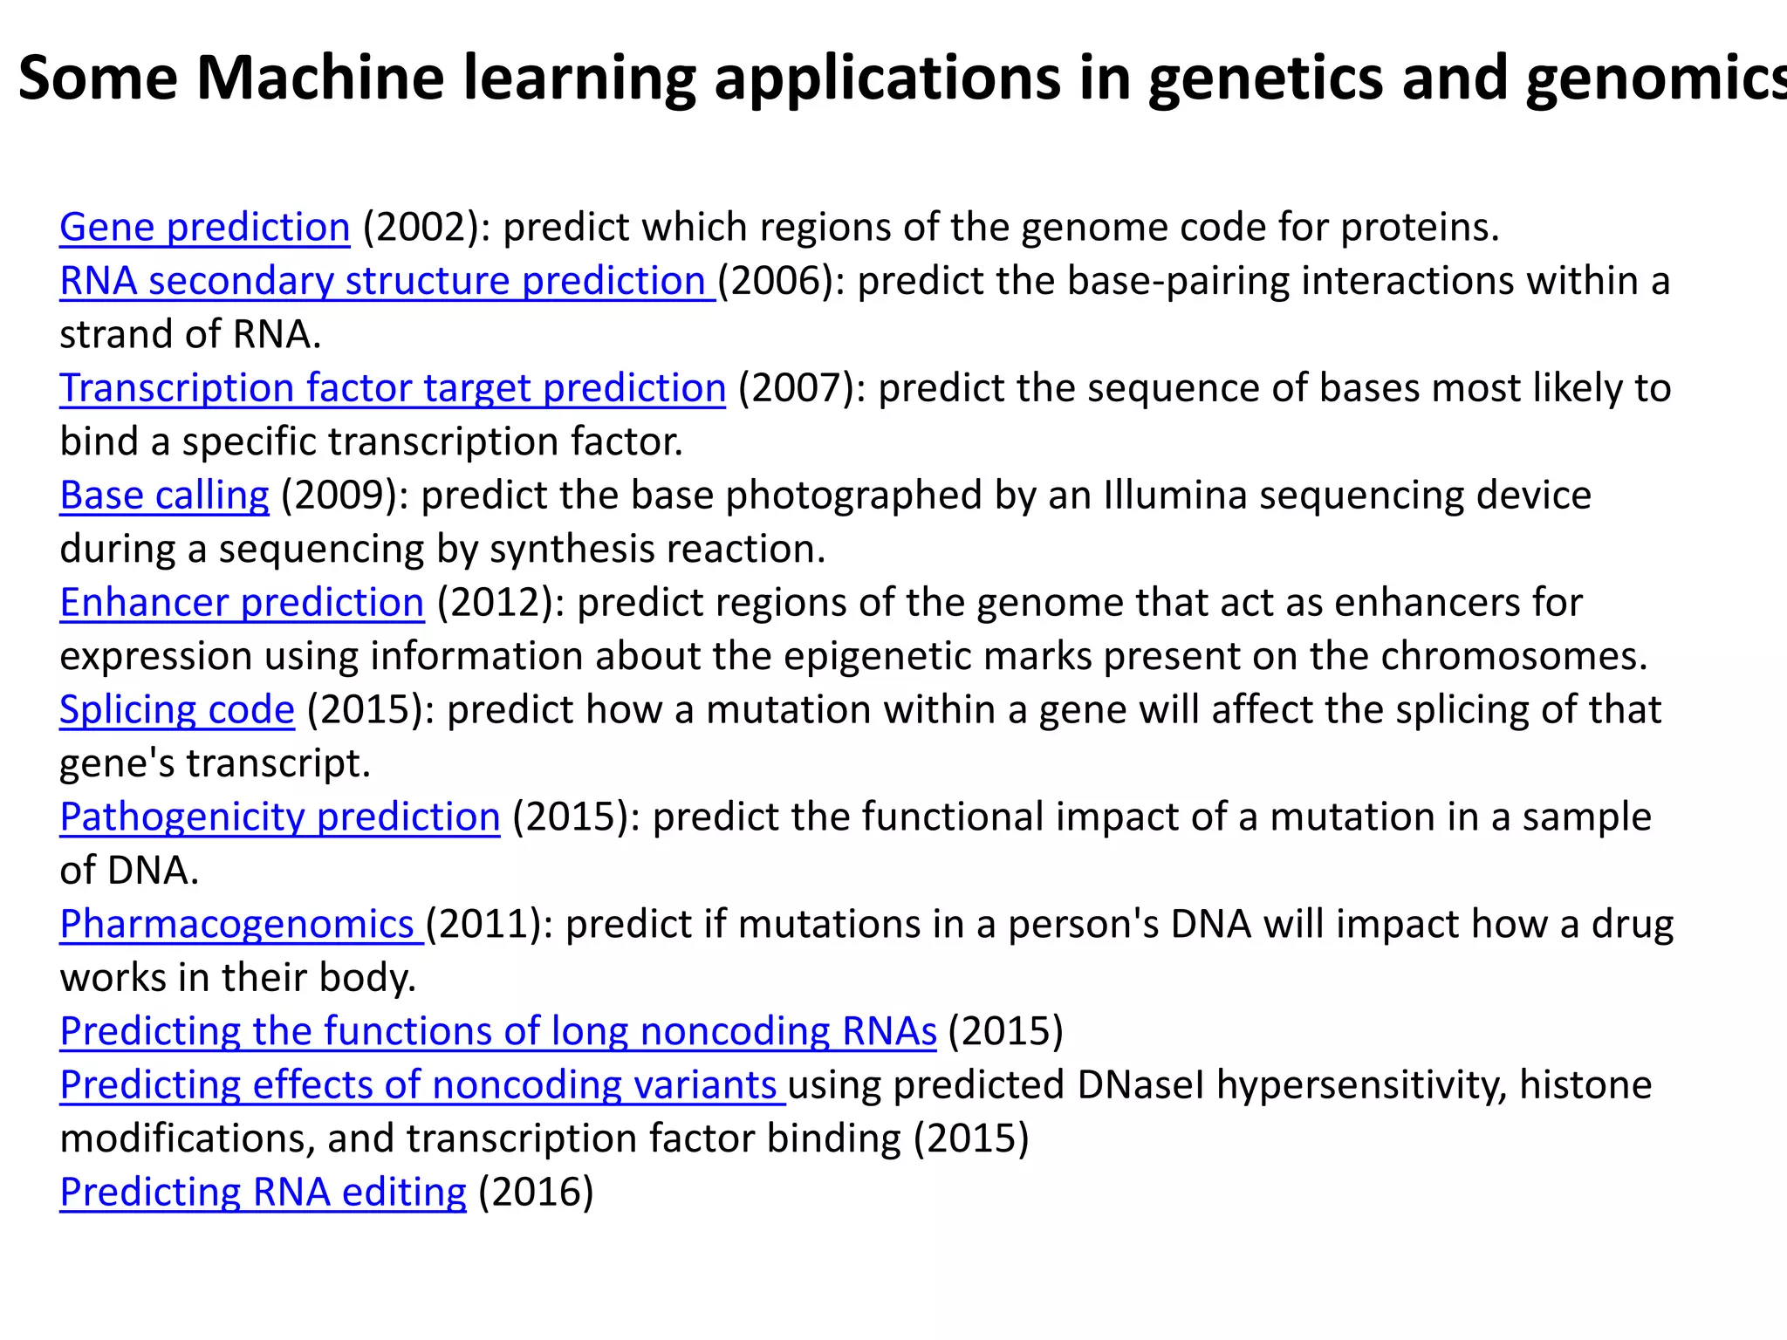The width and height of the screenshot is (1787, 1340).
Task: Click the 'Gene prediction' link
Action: tap(204, 228)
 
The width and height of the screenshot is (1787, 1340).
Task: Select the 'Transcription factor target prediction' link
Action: tap(393, 389)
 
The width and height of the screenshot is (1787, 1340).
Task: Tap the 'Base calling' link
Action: tap(164, 496)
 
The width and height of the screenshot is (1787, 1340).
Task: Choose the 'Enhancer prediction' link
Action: tap(242, 604)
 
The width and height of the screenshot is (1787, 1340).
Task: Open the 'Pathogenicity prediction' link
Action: tap(280, 818)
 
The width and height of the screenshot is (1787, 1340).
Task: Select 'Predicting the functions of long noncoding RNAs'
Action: tap(497, 1032)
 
